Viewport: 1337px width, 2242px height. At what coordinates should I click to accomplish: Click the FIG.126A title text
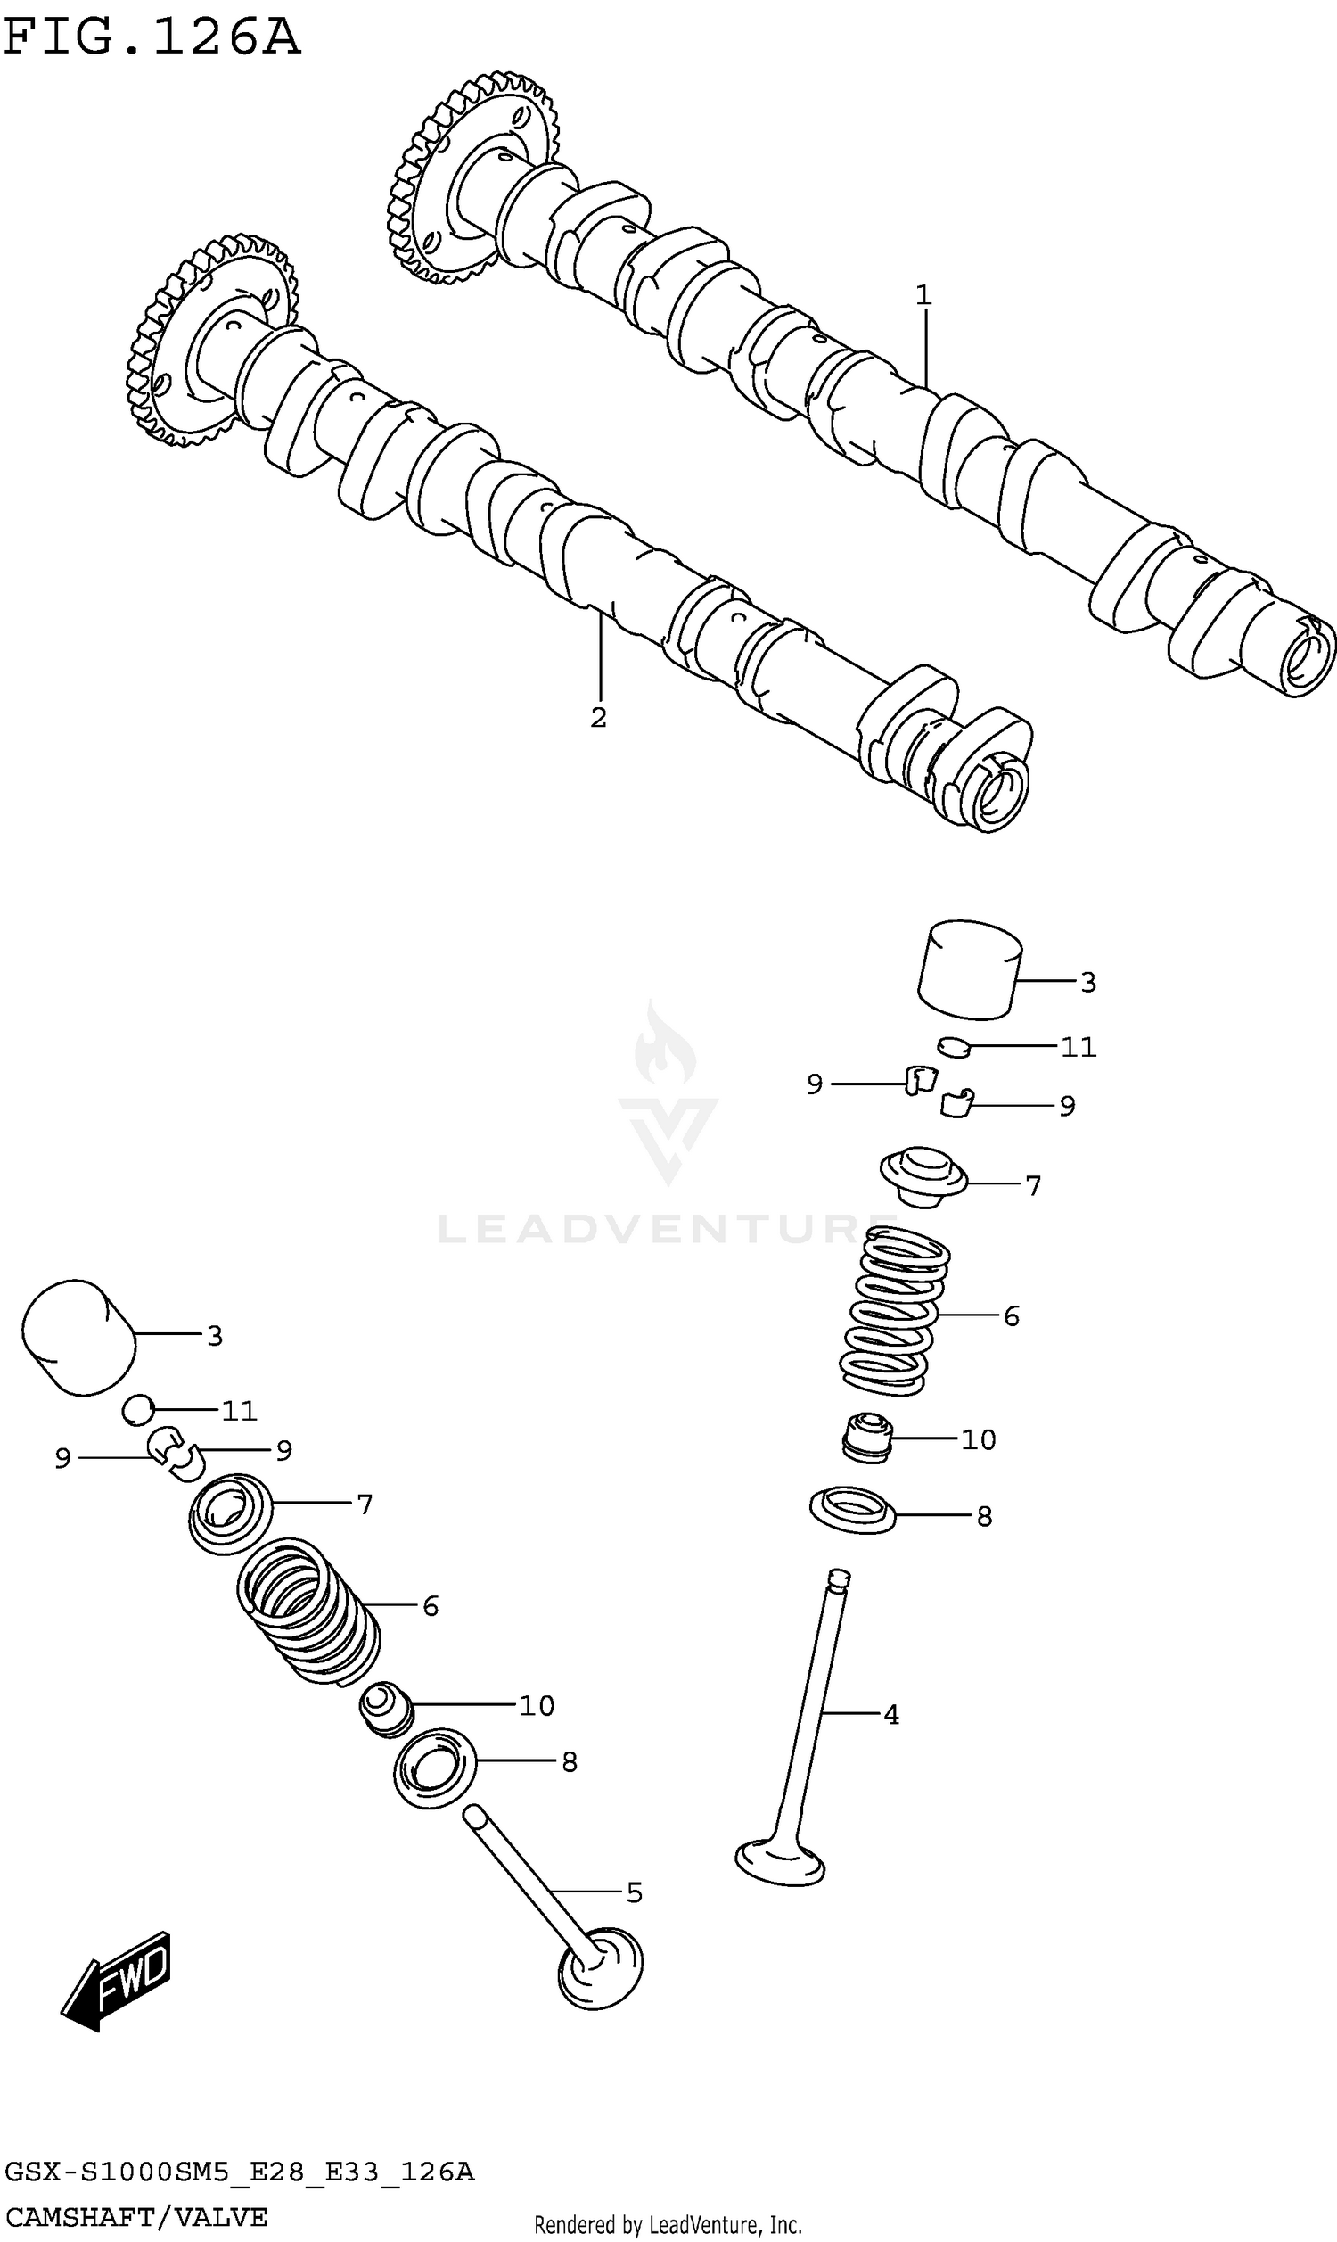pyautogui.click(x=152, y=37)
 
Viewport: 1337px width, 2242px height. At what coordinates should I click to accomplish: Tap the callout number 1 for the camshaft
pyautogui.click(x=923, y=295)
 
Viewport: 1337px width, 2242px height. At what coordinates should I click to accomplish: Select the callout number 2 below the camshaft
pyautogui.click(x=598, y=717)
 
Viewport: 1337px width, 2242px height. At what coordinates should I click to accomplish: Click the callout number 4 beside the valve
pyautogui.click(x=891, y=1715)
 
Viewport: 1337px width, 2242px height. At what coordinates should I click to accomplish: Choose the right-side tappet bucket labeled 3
pyautogui.click(x=970, y=969)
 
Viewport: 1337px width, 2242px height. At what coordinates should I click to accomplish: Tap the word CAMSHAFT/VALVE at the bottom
pyautogui.click(x=135, y=2217)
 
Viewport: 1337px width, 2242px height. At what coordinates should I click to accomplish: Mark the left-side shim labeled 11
pyautogui.click(x=138, y=1410)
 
